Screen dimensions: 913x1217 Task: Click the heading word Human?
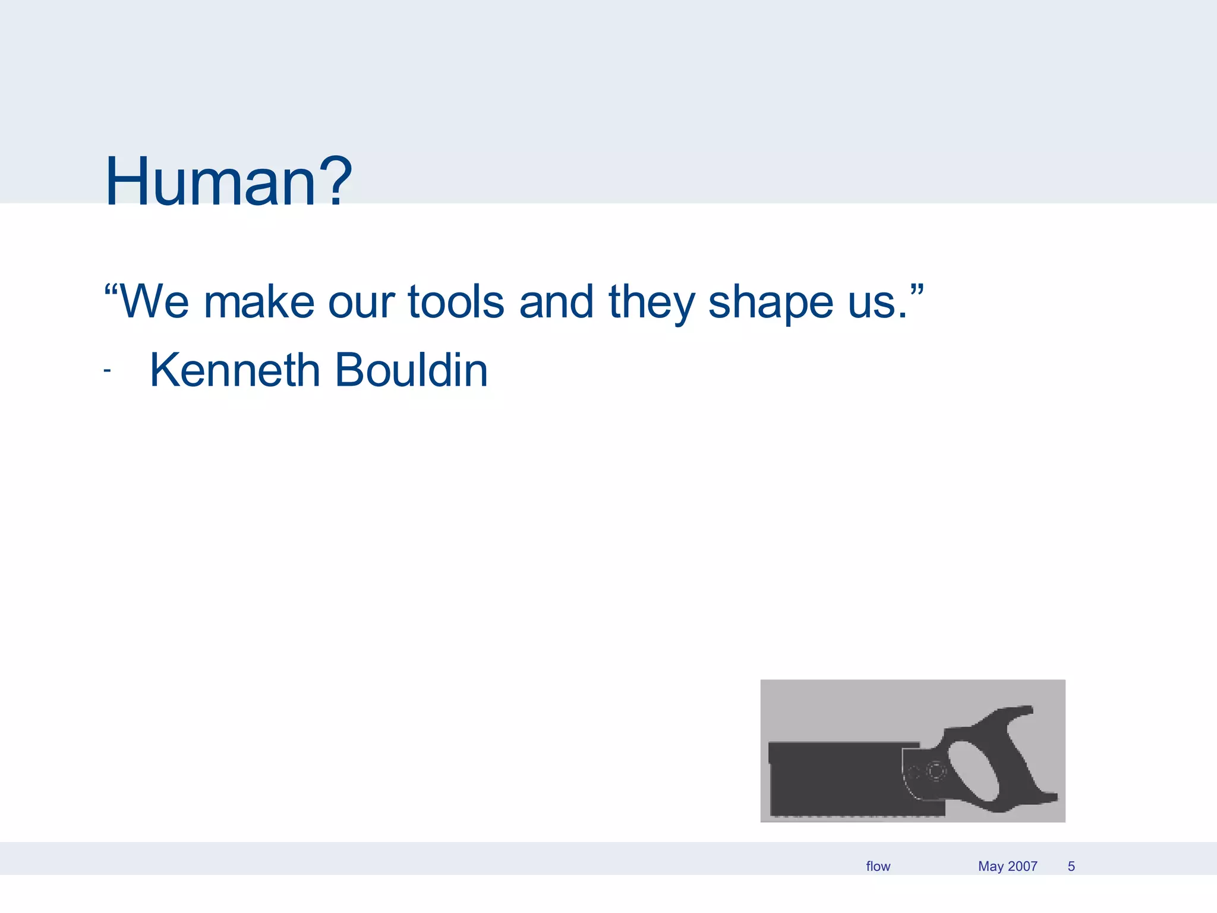click(229, 181)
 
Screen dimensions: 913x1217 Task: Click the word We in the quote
click(153, 302)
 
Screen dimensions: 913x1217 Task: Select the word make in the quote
click(258, 302)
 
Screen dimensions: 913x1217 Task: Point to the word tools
click(456, 302)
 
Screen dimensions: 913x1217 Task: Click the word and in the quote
click(556, 302)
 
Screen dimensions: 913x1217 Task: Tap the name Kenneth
click(235, 370)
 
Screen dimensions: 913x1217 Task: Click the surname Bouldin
click(411, 370)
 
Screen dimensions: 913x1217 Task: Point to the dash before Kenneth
click(107, 371)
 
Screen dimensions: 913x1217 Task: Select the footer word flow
click(878, 866)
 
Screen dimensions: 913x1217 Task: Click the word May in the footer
click(991, 866)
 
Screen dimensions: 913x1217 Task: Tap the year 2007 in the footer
click(1022, 866)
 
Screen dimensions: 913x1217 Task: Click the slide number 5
click(1071, 866)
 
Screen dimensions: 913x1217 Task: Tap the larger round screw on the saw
click(936, 772)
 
